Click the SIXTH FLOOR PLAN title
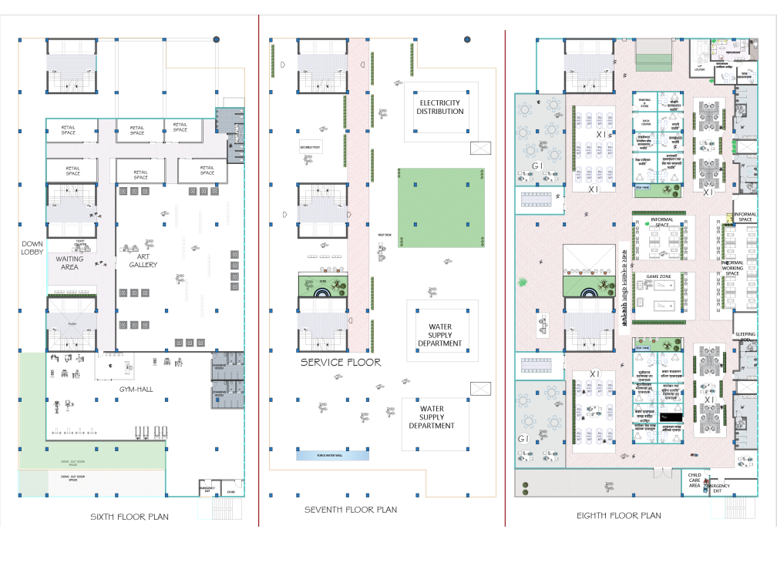(129, 517)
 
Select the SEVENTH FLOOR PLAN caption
(351, 510)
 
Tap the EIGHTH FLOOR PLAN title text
(618, 516)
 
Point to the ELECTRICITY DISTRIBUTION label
(440, 107)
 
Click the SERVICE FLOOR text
(341, 362)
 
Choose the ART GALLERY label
(143, 260)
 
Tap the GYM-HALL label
(136, 390)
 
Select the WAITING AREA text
(69, 263)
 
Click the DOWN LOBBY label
(32, 248)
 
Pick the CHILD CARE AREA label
(694, 480)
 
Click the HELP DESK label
(384, 236)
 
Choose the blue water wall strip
(332, 455)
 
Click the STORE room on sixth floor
(230, 491)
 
